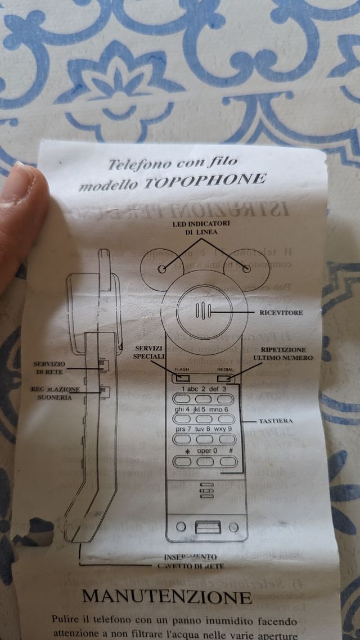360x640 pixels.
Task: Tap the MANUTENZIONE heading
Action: [166, 596]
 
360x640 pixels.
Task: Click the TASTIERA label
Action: [276, 421]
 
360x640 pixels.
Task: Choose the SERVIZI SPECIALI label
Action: [149, 353]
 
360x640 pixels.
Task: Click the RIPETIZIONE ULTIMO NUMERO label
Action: [282, 353]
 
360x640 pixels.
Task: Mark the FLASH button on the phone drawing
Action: [182, 377]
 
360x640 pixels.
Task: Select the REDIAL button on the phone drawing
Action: [225, 377]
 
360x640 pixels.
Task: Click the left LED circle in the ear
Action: [162, 269]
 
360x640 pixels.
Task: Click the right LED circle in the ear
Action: [247, 269]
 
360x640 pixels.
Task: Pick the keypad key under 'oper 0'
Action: [205, 461]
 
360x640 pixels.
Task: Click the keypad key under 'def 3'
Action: [226, 399]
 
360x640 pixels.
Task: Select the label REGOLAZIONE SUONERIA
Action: [55, 393]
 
